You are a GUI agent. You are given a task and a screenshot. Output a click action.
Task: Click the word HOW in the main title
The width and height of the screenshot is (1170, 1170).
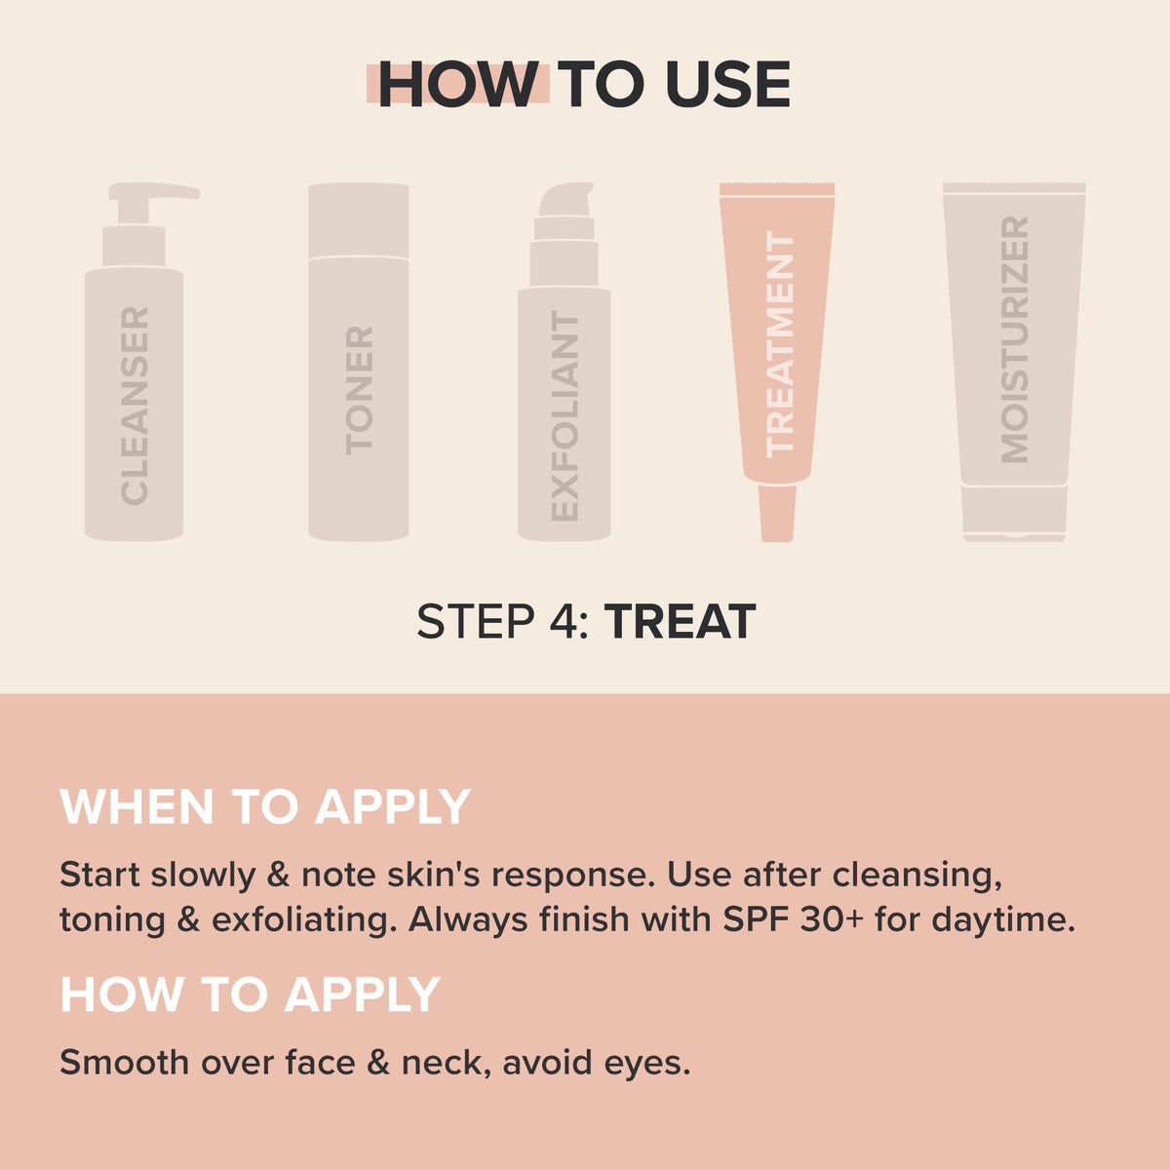458,84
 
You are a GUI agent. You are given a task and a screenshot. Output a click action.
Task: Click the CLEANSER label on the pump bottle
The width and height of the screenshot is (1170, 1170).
135,407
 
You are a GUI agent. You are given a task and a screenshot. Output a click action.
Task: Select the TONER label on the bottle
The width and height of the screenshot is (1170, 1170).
359,391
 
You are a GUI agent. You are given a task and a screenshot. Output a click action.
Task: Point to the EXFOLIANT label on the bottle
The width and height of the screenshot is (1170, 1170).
565,416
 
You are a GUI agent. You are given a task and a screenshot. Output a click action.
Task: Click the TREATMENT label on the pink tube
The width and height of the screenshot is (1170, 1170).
780,344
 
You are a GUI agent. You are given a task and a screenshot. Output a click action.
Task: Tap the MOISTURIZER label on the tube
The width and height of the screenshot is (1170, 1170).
1015,339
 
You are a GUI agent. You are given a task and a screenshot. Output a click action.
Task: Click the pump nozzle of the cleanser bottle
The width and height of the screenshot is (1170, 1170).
154,193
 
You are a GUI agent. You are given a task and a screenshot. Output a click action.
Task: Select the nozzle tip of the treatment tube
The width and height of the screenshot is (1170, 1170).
777,513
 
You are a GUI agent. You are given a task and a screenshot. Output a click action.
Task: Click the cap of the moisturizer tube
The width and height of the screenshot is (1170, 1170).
1015,513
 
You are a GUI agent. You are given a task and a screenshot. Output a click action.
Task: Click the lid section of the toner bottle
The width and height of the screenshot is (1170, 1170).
359,219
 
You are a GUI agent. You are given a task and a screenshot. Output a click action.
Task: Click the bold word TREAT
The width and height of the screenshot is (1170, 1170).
680,622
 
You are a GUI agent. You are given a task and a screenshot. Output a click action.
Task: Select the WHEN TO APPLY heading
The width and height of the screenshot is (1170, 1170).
265,806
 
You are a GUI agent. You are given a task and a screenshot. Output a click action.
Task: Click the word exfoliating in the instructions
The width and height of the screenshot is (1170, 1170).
300,921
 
